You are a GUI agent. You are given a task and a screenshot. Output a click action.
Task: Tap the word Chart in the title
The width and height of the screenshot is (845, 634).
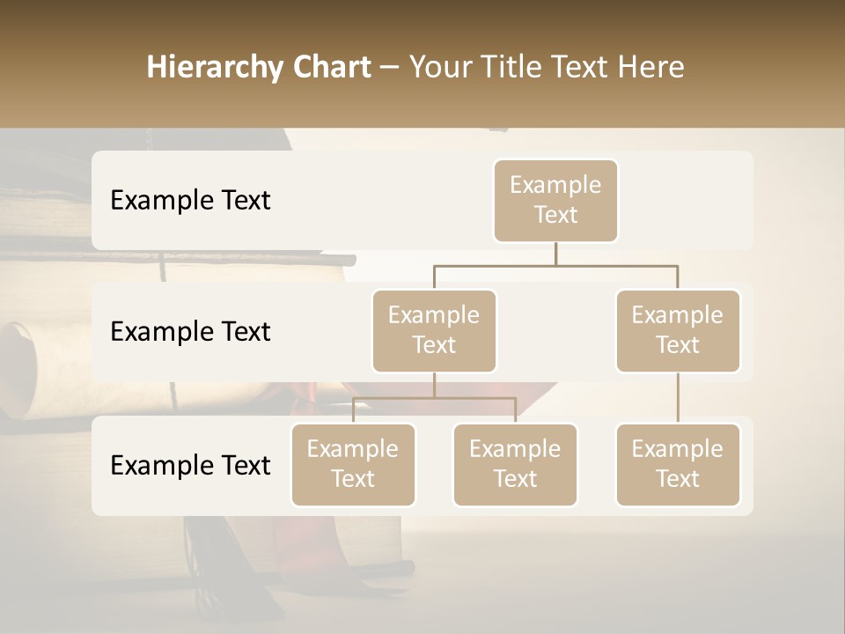pyautogui.click(x=327, y=68)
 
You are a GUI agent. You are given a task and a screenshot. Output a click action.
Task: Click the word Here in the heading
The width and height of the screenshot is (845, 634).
pyautogui.click(x=650, y=68)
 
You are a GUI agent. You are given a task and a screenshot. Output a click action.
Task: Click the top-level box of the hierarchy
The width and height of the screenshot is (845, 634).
pyautogui.click(x=555, y=200)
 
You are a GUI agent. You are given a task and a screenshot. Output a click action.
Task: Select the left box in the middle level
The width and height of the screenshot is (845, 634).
pyautogui.click(x=434, y=330)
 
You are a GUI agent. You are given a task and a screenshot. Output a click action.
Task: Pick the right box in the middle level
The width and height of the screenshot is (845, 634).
pyautogui.click(x=678, y=330)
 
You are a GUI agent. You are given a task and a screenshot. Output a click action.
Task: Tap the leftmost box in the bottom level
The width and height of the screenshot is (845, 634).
pyautogui.click(x=353, y=464)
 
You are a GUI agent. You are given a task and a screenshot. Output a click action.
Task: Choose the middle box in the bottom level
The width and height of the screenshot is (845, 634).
pyautogui.click(x=515, y=464)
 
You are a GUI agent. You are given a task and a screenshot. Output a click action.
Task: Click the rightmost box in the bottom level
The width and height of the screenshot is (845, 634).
pyautogui.click(x=678, y=464)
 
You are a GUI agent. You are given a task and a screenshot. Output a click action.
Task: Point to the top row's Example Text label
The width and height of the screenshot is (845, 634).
pyautogui.click(x=190, y=201)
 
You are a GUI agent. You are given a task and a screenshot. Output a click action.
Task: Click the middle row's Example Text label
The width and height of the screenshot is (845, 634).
pyautogui.click(x=190, y=332)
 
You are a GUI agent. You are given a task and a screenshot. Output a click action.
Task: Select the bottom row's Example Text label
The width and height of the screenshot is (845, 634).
pyautogui.click(x=190, y=465)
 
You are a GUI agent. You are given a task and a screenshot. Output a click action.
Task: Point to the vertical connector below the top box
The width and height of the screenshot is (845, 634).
pyautogui.click(x=555, y=254)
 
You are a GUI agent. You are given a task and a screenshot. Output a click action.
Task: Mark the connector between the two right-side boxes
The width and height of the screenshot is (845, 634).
pyautogui.click(x=678, y=398)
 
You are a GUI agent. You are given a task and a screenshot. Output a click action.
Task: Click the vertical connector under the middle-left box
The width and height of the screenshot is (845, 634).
pyautogui.click(x=434, y=385)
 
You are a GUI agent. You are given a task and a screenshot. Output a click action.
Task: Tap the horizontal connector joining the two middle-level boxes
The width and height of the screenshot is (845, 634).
pyautogui.click(x=555, y=264)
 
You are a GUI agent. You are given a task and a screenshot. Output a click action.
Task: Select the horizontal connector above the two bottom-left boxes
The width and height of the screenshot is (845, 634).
pyautogui.click(x=434, y=398)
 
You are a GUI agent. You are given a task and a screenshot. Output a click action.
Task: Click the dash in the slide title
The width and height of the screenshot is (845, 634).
pyautogui.click(x=390, y=68)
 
